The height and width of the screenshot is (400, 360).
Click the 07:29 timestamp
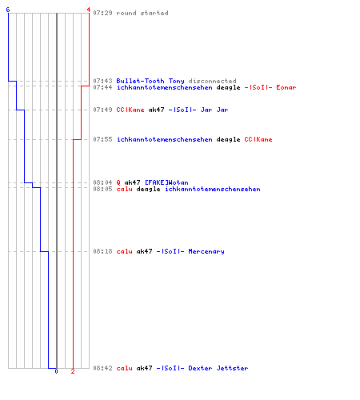[102, 13]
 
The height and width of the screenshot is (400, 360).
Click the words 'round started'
[142, 13]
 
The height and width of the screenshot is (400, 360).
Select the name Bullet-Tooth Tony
[150, 81]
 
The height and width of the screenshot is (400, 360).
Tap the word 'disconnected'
[213, 81]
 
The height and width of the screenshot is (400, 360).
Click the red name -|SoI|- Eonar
[270, 87]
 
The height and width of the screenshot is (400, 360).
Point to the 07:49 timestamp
[102, 110]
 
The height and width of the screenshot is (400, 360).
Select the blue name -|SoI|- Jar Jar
[198, 110]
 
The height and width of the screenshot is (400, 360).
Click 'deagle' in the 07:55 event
[229, 139]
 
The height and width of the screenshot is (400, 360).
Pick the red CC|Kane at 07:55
[258, 139]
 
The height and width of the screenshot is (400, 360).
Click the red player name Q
[118, 182]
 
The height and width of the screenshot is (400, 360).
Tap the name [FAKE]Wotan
[166, 182]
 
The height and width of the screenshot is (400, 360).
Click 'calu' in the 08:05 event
[125, 189]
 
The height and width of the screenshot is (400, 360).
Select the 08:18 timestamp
[102, 251]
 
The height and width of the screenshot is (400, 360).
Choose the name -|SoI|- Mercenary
[190, 251]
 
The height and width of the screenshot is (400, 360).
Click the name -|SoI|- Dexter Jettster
[202, 368]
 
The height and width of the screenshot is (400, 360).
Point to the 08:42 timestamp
[102, 368]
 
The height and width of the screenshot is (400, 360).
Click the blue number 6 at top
[8, 10]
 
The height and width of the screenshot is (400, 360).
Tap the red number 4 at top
[89, 10]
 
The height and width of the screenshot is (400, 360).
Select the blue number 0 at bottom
[56, 371]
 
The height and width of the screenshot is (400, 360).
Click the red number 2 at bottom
[73, 371]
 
